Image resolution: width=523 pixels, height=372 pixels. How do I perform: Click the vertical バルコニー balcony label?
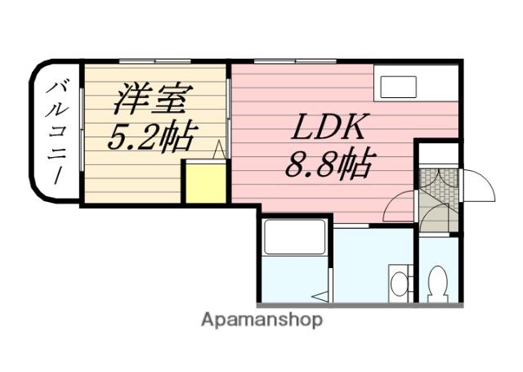click(x=58, y=133)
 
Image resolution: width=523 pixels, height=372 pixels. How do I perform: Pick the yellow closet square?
click(x=203, y=183)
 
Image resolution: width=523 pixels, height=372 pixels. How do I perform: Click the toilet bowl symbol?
click(x=437, y=283)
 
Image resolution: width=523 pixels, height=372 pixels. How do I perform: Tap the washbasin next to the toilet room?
click(x=398, y=283)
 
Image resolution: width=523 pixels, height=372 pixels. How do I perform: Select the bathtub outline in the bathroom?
click(x=294, y=238)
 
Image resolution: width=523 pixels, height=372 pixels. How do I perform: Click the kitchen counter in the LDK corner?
click(x=416, y=83)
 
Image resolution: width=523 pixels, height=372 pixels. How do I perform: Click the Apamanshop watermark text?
click(x=261, y=320)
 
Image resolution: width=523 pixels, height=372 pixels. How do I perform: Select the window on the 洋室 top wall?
click(x=154, y=62)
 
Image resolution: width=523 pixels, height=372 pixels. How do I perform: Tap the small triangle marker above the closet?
click(x=219, y=150)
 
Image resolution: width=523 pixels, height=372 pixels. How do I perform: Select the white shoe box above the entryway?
click(x=438, y=154)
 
